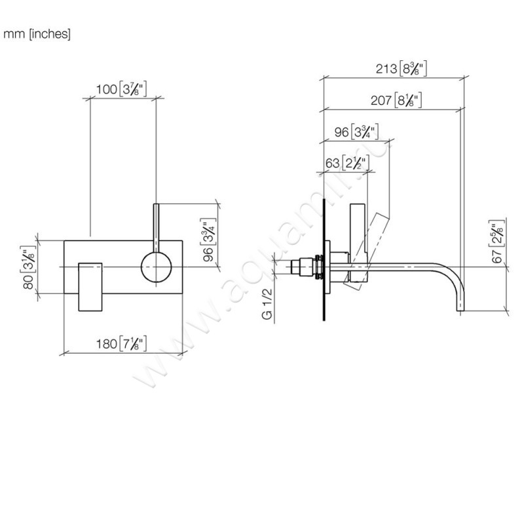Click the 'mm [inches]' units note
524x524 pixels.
point(37,34)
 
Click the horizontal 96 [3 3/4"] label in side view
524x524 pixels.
point(358,131)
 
